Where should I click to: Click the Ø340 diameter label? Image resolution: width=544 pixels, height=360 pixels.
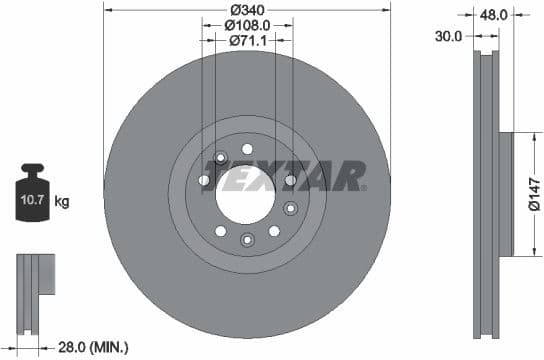click(246, 8)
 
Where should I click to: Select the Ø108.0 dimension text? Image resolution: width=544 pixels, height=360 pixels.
click(246, 24)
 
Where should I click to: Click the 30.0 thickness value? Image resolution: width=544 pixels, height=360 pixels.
click(449, 36)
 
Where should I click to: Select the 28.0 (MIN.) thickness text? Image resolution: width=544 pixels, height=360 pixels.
click(92, 346)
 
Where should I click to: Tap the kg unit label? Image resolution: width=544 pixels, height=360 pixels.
click(62, 202)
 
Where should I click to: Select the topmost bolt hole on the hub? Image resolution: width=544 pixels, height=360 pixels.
click(247, 149)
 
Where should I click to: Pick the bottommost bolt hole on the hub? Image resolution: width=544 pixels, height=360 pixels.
click(247, 238)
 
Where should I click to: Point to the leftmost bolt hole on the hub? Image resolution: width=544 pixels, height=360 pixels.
click(204, 180)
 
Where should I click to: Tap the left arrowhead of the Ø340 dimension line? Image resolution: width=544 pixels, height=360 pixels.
click(107, 8)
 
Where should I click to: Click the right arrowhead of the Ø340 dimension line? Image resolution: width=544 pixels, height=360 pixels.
click(387, 8)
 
